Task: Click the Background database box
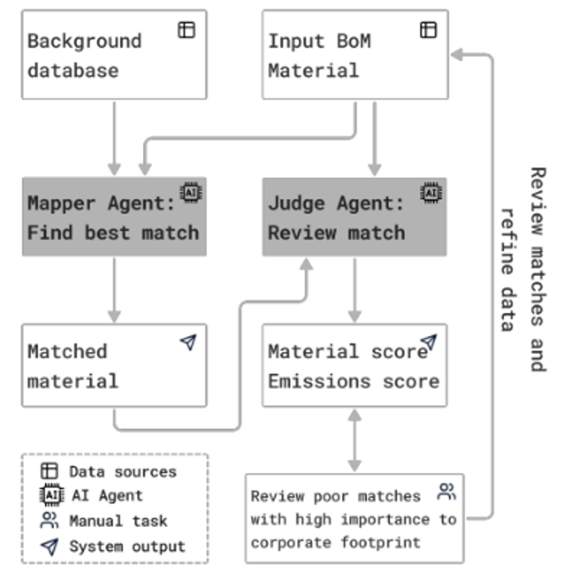[x=114, y=55]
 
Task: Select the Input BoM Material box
[x=354, y=55]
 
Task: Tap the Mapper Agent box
[x=114, y=217]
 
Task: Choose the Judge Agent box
[x=354, y=217]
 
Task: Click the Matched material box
[x=114, y=365]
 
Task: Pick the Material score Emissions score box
[x=354, y=365]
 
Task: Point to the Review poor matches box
[x=354, y=518]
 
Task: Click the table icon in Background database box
[x=186, y=29]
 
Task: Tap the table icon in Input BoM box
[x=428, y=29]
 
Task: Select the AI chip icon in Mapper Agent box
[x=191, y=192]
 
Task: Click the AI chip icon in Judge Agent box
[x=431, y=192]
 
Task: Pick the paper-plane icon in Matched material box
[x=188, y=342]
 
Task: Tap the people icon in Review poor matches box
[x=446, y=491]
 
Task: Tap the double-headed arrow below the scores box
[x=354, y=440]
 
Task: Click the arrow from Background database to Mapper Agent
[x=114, y=137]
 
